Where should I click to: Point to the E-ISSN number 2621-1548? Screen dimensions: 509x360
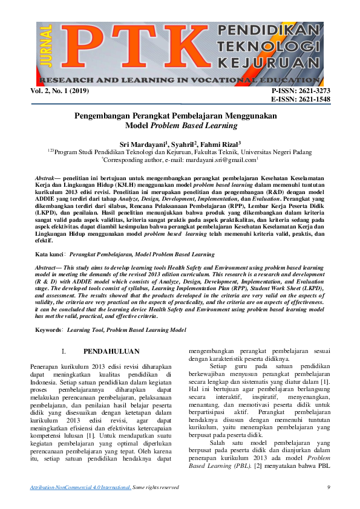click(311, 99)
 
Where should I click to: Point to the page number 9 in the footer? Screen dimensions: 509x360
click(328, 487)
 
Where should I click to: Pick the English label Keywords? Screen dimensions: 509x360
click(49, 330)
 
